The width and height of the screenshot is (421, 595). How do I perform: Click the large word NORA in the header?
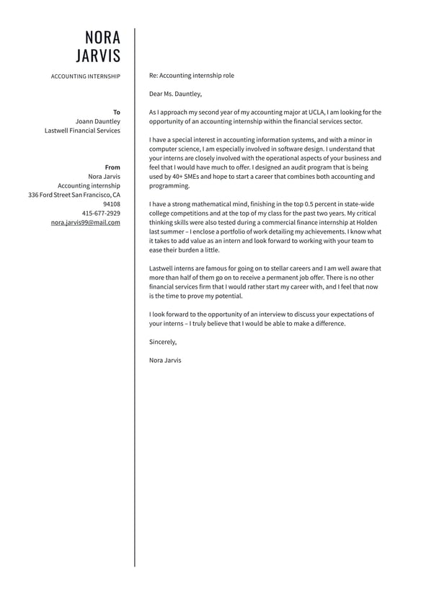pyautogui.click(x=102, y=38)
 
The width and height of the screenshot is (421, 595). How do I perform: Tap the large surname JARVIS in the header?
pyautogui.click(x=98, y=56)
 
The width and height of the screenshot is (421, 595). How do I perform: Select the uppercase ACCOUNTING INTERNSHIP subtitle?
pyautogui.click(x=85, y=76)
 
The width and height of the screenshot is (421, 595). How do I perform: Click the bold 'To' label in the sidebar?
pyautogui.click(x=117, y=113)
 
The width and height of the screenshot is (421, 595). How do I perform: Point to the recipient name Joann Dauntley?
pyautogui.click(x=97, y=122)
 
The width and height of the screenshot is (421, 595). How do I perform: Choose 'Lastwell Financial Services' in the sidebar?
pyautogui.click(x=82, y=131)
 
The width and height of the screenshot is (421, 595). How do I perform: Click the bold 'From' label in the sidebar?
pyautogui.click(x=112, y=167)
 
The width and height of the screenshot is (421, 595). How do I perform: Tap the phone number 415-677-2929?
pyautogui.click(x=101, y=213)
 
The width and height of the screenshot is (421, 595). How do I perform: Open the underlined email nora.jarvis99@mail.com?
pyautogui.click(x=85, y=223)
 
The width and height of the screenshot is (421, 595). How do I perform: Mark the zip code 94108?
pyautogui.click(x=112, y=204)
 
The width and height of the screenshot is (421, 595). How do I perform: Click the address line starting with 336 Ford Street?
pyautogui.click(x=74, y=195)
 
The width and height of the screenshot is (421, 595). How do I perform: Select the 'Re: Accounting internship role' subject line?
pyautogui.click(x=191, y=76)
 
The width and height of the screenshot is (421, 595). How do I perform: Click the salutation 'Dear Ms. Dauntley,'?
pyautogui.click(x=175, y=94)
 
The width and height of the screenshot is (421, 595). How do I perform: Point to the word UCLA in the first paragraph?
pyautogui.click(x=316, y=113)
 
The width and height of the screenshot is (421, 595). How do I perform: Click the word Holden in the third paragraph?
pyautogui.click(x=367, y=223)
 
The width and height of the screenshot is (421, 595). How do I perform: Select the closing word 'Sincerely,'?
pyautogui.click(x=162, y=342)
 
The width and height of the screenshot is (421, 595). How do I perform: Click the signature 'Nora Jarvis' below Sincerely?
pyautogui.click(x=165, y=360)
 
